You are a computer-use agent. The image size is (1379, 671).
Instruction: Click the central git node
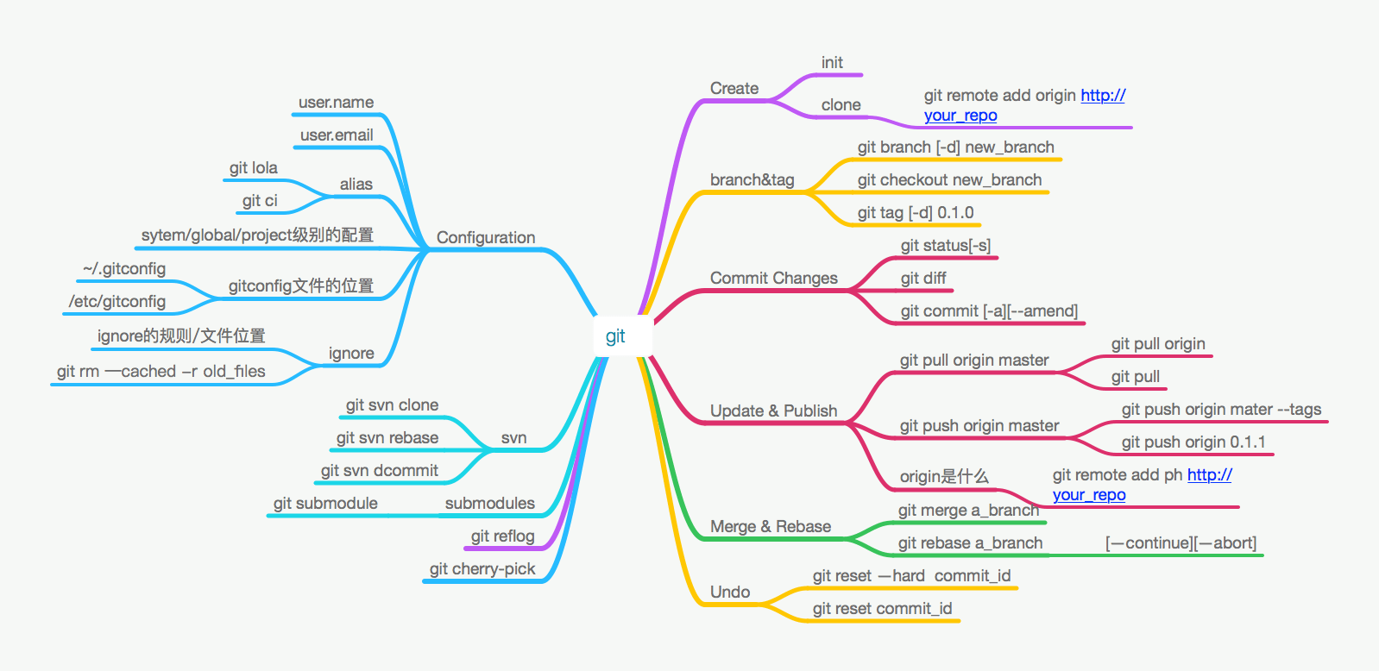point(615,336)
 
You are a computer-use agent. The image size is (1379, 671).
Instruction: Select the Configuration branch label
point(485,237)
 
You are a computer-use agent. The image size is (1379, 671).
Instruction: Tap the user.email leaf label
point(337,135)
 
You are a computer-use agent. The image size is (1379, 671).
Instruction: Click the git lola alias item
point(254,168)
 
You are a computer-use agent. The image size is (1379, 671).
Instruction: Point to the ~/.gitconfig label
point(124,269)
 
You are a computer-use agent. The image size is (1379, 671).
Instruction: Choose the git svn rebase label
point(387,438)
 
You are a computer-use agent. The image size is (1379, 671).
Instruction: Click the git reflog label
point(502,536)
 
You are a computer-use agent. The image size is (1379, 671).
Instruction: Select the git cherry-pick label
point(482,569)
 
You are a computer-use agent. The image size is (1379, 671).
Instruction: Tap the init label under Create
point(832,63)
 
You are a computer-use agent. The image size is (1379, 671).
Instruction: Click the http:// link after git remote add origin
point(1103,96)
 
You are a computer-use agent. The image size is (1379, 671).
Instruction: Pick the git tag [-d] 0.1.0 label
point(916,213)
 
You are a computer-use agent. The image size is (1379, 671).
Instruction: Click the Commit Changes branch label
point(773,279)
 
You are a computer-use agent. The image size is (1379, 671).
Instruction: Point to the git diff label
point(923,279)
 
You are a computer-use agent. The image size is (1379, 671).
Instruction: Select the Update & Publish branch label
point(773,411)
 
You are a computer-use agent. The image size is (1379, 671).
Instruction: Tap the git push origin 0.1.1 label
point(1193,442)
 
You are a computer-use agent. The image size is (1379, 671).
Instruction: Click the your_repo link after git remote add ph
point(1089,495)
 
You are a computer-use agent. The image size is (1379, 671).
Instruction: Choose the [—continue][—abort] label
point(1181,543)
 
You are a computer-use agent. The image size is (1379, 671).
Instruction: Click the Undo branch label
point(730,593)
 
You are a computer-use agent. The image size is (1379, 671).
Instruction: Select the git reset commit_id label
point(882,609)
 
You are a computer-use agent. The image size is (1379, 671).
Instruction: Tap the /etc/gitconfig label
point(117,302)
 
